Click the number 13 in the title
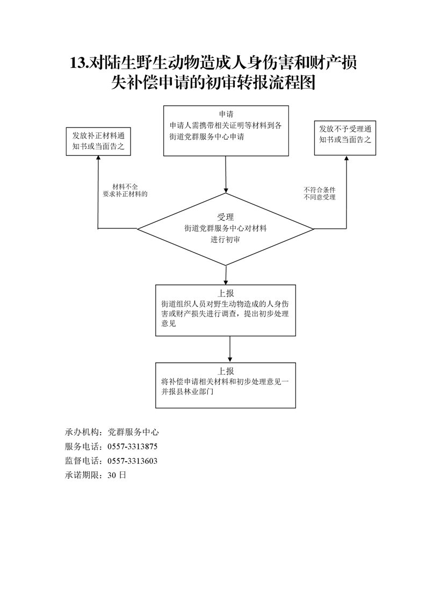pyautogui.click(x=78, y=63)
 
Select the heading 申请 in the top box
pyautogui.click(x=226, y=114)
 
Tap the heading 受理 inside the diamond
pyautogui.click(x=226, y=217)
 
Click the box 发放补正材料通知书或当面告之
pyautogui.click(x=98, y=141)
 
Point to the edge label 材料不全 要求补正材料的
pyautogui.click(x=125, y=190)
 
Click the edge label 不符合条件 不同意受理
pyautogui.click(x=320, y=193)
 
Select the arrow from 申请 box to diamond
pyautogui.click(x=226, y=174)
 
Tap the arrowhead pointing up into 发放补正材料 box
pyautogui.click(x=98, y=159)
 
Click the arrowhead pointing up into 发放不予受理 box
pyautogui.click(x=346, y=159)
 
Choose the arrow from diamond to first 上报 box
pyautogui.click(x=226, y=275)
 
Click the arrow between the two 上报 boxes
pyautogui.click(x=230, y=349)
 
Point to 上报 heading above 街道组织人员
pyautogui.click(x=226, y=293)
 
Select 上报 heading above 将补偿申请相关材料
pyautogui.click(x=226, y=371)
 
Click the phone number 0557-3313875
pyautogui.click(x=132, y=447)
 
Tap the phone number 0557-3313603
pyautogui.click(x=132, y=461)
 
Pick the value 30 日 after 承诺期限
pyautogui.click(x=117, y=475)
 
